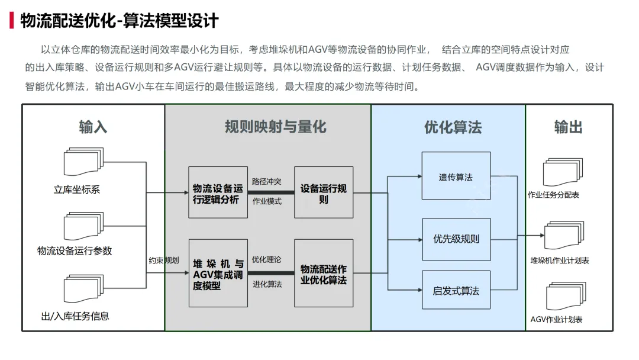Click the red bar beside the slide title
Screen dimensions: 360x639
pos(12,21)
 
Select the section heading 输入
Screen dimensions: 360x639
pos(93,127)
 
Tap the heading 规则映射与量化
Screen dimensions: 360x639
pos(275,127)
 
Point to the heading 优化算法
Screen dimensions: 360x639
pos(453,127)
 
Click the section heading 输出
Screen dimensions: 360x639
pos(568,127)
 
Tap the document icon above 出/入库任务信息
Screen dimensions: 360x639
pos(80,290)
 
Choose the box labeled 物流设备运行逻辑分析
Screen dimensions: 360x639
pos(218,192)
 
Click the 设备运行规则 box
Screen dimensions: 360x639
pos(324,192)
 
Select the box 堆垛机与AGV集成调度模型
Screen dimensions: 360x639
pos(218,273)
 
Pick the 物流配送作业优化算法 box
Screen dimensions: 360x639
pos(324,273)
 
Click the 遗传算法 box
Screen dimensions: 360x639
pos(456,176)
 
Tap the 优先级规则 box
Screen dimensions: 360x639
pos(456,239)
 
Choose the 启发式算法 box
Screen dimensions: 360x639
pos(456,290)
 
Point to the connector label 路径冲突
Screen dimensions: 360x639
pos(267,181)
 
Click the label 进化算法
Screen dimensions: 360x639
pos(267,284)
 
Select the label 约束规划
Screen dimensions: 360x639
pos(163,260)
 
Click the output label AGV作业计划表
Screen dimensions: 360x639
pos(556,320)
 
